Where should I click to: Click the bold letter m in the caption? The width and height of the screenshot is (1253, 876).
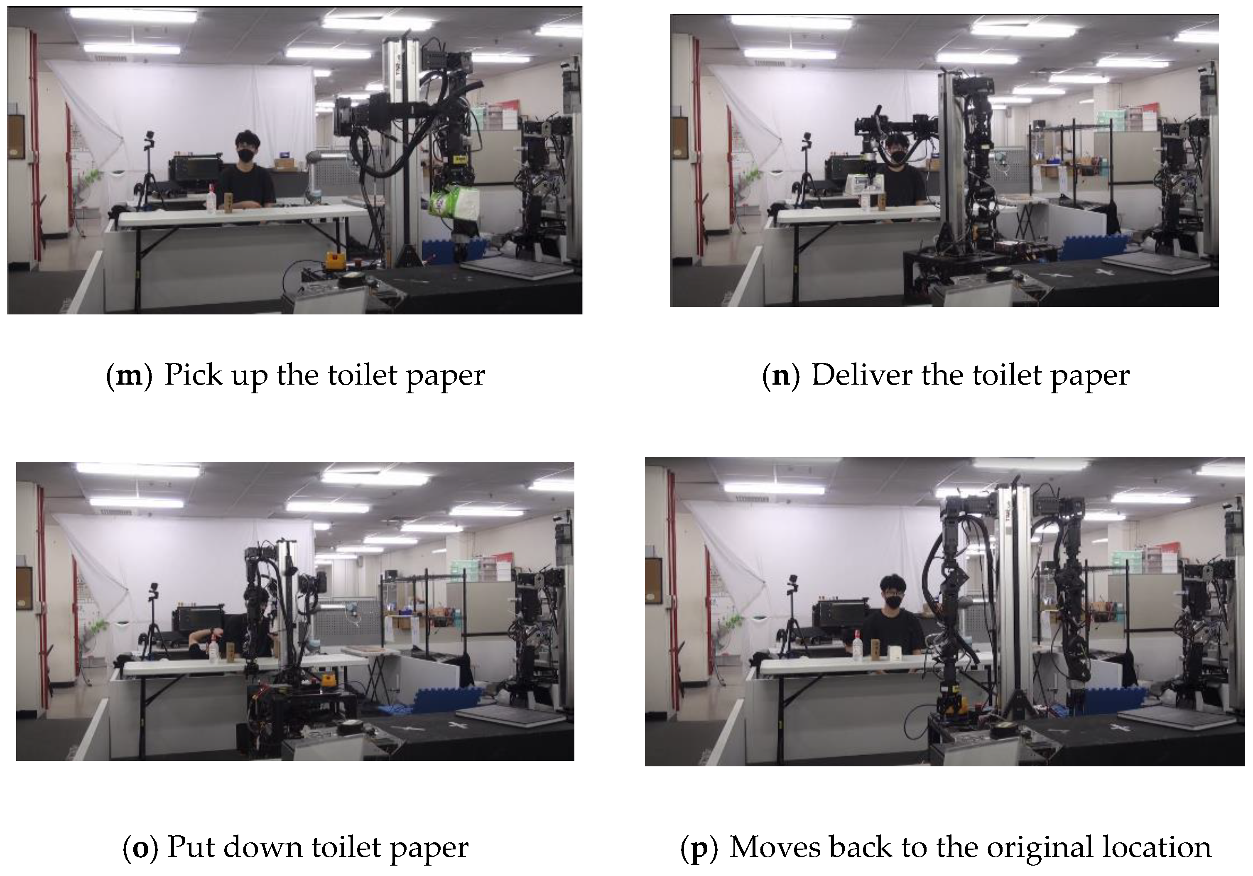point(129,376)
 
